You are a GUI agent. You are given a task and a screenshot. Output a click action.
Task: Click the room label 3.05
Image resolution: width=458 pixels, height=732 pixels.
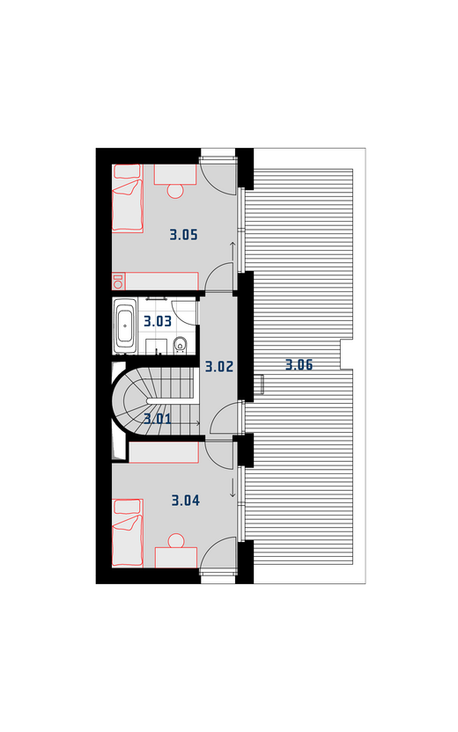click(184, 234)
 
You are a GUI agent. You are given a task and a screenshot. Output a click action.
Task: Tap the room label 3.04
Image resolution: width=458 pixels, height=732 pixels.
click(186, 501)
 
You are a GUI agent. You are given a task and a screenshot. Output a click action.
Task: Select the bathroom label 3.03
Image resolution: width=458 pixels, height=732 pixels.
click(158, 321)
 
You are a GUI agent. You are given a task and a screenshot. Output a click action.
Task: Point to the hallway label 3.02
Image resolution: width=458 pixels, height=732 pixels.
click(219, 367)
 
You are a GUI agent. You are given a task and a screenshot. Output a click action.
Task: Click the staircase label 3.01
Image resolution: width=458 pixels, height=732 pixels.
click(157, 419)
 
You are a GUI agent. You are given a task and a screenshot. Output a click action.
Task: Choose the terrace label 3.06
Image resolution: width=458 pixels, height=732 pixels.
click(299, 364)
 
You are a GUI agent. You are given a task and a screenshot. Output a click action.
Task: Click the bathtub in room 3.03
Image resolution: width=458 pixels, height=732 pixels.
click(125, 326)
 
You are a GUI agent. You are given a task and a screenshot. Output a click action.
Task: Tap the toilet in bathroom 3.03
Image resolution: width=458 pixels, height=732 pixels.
click(180, 345)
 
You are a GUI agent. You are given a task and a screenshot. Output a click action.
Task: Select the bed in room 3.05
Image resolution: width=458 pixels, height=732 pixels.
click(127, 197)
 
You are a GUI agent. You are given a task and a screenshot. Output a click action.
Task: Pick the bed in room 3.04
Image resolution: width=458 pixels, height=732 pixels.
click(127, 532)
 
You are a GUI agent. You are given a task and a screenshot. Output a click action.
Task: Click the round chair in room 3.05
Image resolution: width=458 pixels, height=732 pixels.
click(176, 192)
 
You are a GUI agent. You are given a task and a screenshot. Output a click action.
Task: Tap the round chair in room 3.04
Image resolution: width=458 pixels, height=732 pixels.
click(176, 541)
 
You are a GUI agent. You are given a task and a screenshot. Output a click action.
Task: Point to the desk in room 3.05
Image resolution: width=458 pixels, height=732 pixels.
click(175, 174)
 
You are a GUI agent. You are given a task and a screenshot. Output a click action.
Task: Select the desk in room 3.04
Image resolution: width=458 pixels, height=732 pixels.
click(176, 558)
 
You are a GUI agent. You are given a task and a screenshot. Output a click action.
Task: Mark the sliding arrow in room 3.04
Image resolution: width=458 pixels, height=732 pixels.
click(233, 487)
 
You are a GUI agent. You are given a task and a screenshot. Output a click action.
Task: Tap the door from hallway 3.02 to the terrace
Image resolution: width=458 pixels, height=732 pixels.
click(225, 417)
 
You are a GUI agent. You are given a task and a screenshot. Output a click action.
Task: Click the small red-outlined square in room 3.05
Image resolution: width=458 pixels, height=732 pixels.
click(118, 282)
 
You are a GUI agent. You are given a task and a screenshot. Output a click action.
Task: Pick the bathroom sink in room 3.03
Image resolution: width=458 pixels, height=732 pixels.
click(156, 347)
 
